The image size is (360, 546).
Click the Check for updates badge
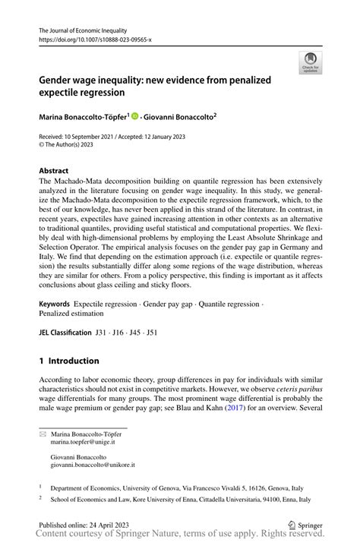(x=309, y=64)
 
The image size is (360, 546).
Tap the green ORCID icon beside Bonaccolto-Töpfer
(x=135, y=117)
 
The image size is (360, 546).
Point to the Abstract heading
(x=54, y=171)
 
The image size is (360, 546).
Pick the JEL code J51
(x=152, y=332)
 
